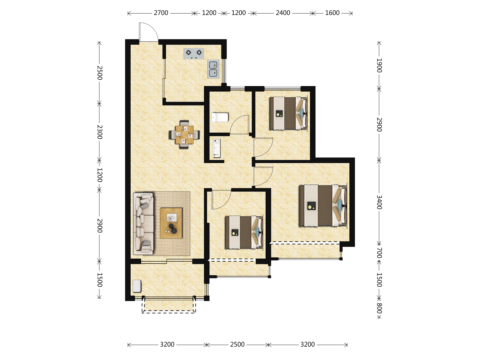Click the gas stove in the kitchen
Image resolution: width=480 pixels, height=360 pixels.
(194, 54)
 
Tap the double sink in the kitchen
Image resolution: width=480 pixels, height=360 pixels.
(213, 69)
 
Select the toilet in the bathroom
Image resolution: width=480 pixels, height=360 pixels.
(220, 117)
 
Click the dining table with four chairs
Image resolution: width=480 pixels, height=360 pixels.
(184, 135)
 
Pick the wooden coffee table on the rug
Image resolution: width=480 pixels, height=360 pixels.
(171, 223)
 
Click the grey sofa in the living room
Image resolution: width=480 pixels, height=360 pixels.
(143, 224)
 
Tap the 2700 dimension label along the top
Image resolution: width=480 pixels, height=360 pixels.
(161, 13)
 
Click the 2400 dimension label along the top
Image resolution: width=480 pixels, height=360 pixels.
(283, 13)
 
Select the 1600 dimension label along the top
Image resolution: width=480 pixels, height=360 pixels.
(332, 13)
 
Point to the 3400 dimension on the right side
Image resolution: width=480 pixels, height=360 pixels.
(379, 202)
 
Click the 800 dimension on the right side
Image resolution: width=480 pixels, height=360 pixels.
(379, 308)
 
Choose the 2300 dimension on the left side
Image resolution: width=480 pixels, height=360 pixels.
(99, 132)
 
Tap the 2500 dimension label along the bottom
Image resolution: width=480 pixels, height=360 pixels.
(237, 344)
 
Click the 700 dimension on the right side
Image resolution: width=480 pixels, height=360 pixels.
(379, 253)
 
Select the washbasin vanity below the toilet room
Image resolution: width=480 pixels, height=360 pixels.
(217, 148)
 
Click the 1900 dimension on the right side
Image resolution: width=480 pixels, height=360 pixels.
(379, 66)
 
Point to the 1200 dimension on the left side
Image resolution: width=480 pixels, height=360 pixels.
(99, 175)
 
